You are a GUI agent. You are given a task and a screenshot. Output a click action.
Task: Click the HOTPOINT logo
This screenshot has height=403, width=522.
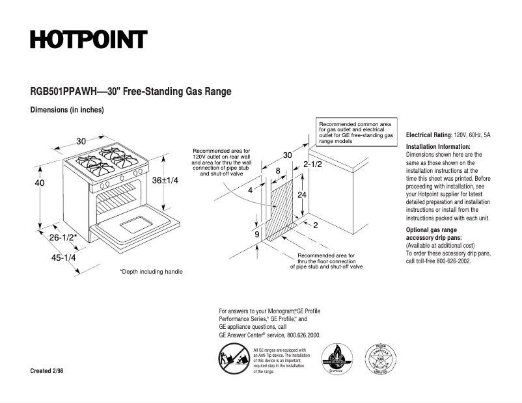[x=88, y=40]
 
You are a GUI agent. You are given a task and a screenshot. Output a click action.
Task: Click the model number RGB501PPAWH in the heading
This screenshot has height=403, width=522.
[x=59, y=92]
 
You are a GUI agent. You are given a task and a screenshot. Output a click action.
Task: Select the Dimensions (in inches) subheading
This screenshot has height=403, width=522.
[x=67, y=110]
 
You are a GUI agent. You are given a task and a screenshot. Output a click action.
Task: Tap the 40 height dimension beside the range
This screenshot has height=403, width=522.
[x=39, y=183]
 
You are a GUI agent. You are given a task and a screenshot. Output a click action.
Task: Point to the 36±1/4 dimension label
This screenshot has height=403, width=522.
[x=165, y=180]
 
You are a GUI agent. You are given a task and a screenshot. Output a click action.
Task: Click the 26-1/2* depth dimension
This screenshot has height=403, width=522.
[x=63, y=238]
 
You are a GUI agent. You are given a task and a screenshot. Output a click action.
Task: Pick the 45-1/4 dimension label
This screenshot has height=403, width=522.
[x=63, y=257]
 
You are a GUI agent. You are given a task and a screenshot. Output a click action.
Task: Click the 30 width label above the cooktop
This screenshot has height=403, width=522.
[x=81, y=141]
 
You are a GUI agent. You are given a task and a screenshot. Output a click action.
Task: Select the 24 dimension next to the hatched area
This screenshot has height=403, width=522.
[x=302, y=195]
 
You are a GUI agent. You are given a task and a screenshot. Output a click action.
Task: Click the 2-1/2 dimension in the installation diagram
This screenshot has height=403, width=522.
[x=313, y=164]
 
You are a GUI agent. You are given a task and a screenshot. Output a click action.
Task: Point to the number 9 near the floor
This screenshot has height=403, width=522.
[x=256, y=234]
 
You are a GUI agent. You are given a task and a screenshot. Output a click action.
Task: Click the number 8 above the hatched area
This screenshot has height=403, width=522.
[x=278, y=171]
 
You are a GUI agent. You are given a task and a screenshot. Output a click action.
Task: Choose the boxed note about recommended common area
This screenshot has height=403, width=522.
[x=356, y=132]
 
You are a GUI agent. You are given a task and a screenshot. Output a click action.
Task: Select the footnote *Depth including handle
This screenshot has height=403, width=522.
[x=151, y=272]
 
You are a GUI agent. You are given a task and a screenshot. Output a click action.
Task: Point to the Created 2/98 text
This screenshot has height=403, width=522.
[x=47, y=370]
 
